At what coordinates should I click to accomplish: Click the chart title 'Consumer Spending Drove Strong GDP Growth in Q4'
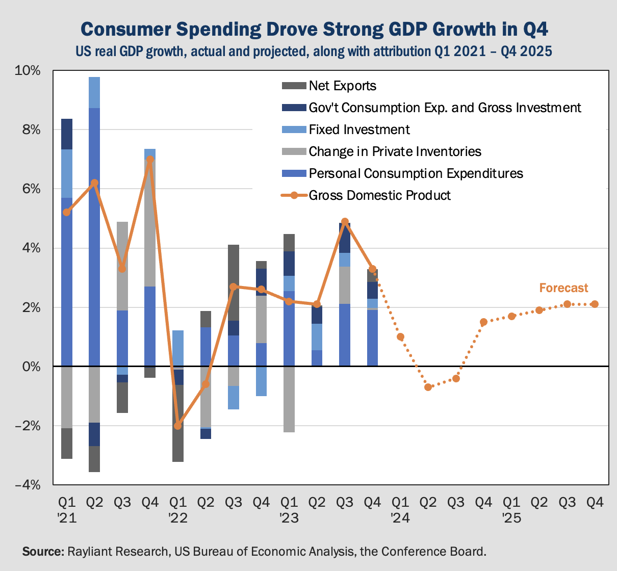click(314, 29)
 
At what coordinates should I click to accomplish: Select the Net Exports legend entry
click(342, 86)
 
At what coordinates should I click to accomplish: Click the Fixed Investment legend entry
click(359, 129)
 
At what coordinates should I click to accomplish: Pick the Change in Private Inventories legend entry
click(395, 151)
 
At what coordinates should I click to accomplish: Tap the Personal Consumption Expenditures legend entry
click(416, 173)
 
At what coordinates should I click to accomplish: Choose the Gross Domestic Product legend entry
click(379, 195)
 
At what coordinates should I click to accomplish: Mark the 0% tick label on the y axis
click(31, 367)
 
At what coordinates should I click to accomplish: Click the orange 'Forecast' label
click(563, 288)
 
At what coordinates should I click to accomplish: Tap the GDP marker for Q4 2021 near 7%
click(150, 160)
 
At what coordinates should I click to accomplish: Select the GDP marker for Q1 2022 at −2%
click(177, 426)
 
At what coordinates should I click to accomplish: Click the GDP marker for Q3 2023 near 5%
click(345, 222)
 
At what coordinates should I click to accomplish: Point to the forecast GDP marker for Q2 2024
click(428, 387)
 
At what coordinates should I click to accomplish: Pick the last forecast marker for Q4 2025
click(595, 304)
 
